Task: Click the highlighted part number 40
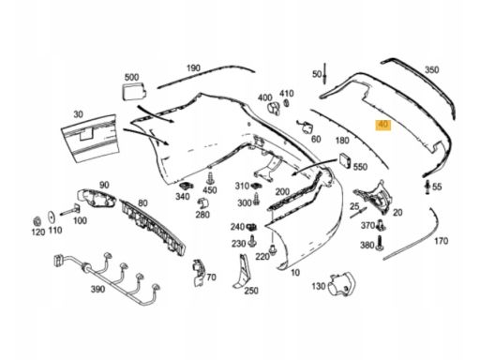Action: [383, 125]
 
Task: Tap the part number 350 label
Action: [431, 69]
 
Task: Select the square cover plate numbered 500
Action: [133, 91]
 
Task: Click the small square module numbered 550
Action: [345, 160]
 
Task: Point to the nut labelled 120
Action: [37, 221]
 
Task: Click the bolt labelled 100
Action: [69, 210]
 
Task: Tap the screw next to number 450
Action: [210, 179]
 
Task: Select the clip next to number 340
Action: [187, 186]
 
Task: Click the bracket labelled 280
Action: [203, 204]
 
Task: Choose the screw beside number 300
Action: [256, 199]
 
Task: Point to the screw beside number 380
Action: [380, 243]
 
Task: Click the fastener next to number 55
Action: [427, 187]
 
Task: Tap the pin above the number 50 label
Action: [325, 74]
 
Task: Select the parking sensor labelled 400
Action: [274, 108]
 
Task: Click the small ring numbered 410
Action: [286, 103]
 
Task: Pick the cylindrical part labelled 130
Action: [341, 284]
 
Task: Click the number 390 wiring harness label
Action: [97, 289]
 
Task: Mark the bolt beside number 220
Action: [273, 249]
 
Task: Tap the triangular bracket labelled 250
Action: [241, 272]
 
